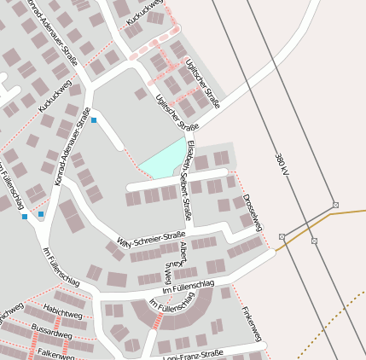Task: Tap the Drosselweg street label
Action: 253,212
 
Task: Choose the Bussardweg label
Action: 51,330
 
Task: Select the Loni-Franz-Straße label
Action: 192,354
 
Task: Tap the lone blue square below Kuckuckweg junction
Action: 94,120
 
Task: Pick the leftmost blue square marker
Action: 25,217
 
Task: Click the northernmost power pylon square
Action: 335,205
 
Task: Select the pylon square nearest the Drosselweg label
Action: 282,236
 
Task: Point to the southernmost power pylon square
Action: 315,241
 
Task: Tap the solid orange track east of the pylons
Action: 350,211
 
